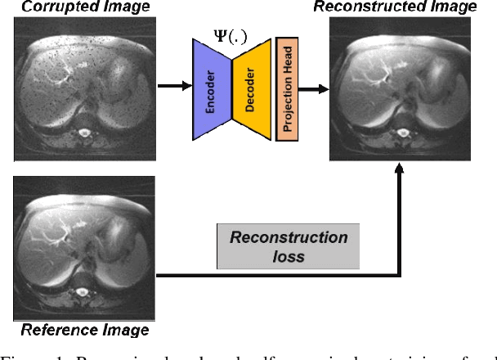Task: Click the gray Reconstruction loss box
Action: click(288, 246)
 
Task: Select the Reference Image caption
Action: click(84, 331)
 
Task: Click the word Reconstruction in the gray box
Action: click(289, 238)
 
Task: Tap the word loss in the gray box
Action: click(289, 256)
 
